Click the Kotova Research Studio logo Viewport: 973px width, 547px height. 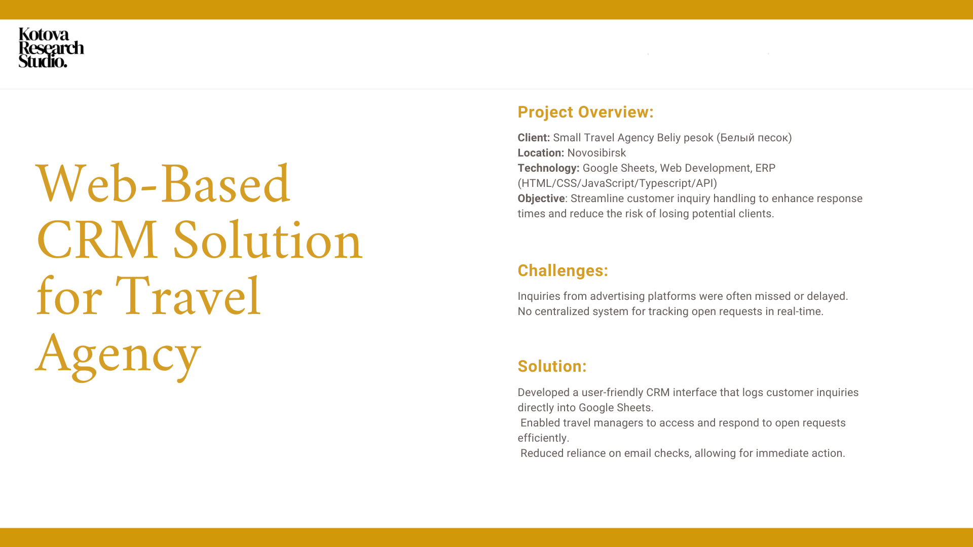tap(51, 48)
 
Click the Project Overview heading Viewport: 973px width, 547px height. tap(585, 112)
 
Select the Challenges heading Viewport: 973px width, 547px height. tap(563, 270)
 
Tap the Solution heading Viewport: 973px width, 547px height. tap(552, 366)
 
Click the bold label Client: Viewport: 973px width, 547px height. tap(533, 138)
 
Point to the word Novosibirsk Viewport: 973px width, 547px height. tap(596, 153)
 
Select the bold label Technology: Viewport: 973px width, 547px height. tap(548, 168)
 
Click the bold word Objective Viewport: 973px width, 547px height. tap(541, 199)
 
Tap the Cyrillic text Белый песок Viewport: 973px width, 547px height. tap(754, 138)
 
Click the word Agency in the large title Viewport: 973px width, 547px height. tap(118, 355)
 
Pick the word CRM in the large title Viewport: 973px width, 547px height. tap(97, 240)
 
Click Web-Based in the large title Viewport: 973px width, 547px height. tap(163, 184)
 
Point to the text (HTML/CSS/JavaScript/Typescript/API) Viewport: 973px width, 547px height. tap(617, 183)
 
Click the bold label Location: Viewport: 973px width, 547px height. tap(540, 153)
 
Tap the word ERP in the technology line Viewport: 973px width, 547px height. tap(765, 168)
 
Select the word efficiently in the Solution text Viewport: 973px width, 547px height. tap(543, 438)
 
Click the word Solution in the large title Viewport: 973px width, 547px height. tap(268, 240)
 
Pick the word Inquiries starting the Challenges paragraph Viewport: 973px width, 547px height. tap(537, 296)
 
